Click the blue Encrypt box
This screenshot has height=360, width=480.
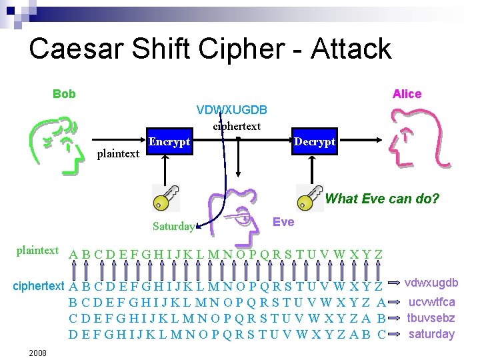pyautogui.click(x=169, y=142)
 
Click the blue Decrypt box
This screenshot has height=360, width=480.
pyautogui.click(x=315, y=142)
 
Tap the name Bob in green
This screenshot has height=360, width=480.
pyautogui.click(x=64, y=94)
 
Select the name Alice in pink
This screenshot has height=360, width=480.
pyautogui.click(x=407, y=94)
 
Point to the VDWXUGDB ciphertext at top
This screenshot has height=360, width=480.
pyautogui.click(x=232, y=109)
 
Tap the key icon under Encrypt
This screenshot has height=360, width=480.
pyautogui.click(x=163, y=197)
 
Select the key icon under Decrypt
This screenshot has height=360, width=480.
pyautogui.click(x=309, y=197)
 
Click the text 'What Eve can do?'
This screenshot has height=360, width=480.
pyautogui.click(x=382, y=199)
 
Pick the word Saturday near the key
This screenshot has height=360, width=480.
pyautogui.click(x=173, y=226)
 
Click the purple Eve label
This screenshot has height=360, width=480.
pyautogui.click(x=283, y=222)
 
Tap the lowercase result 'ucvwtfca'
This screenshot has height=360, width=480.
pyautogui.click(x=431, y=302)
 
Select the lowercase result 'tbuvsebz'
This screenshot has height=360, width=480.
pyautogui.click(x=431, y=318)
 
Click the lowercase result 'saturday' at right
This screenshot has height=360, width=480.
pyautogui.click(x=431, y=334)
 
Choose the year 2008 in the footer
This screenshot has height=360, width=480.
pyautogui.click(x=37, y=352)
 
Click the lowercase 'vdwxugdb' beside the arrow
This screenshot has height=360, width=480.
pyautogui.click(x=431, y=283)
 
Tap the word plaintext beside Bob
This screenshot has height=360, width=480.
pyautogui.click(x=118, y=154)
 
